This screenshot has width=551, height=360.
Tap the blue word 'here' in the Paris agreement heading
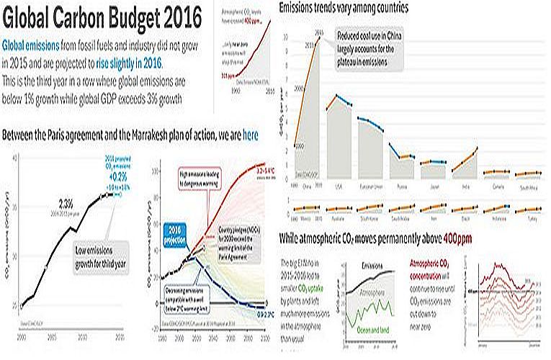click(251, 135)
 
